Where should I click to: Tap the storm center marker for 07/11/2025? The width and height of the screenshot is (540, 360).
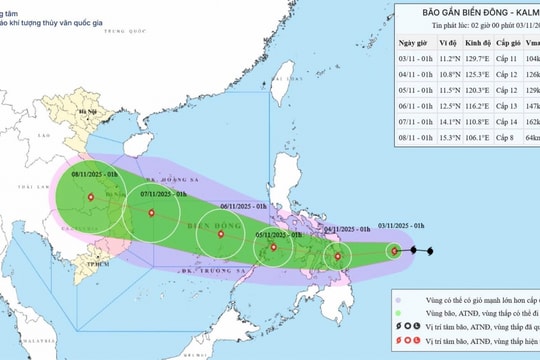(151, 213)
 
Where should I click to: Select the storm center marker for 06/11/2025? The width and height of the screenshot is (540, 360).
(220, 235)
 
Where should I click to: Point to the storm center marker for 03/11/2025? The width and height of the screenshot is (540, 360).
(395, 251)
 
